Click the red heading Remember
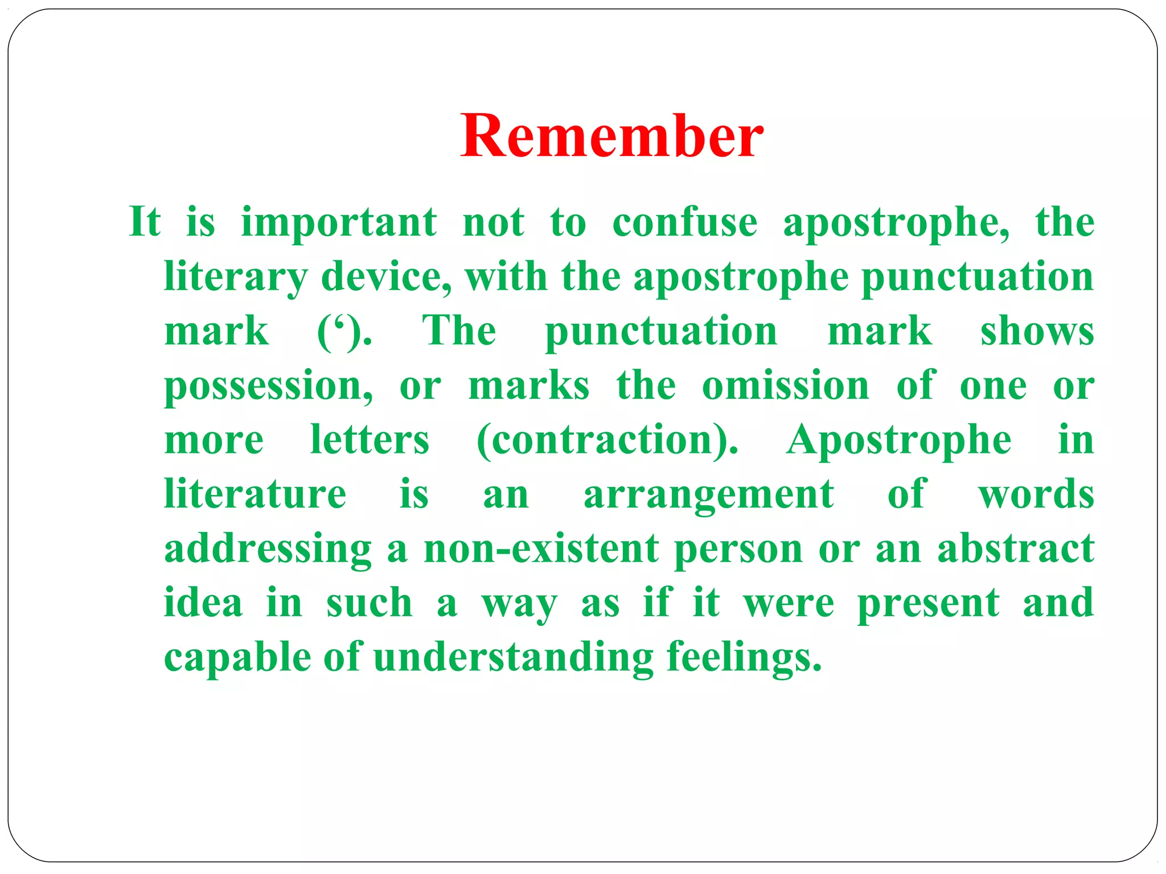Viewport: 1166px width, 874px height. pyautogui.click(x=612, y=137)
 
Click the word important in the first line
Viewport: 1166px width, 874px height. pyautogui.click(x=339, y=222)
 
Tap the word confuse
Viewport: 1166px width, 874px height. pyautogui.click(x=684, y=222)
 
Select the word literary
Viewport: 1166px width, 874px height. pyautogui.click(x=235, y=277)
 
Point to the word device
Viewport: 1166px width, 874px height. pyautogui.click(x=385, y=277)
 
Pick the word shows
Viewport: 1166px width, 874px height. pyautogui.click(x=1037, y=332)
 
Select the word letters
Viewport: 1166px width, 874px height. pyautogui.click(x=369, y=440)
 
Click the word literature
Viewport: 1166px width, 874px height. pyautogui.click(x=255, y=494)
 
